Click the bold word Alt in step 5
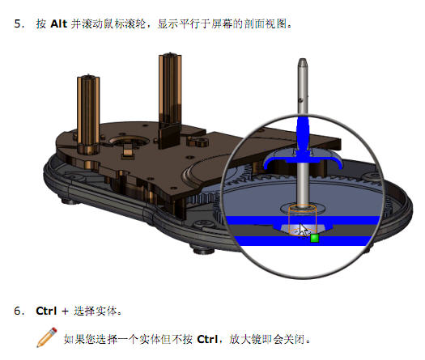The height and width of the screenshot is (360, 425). [58, 23]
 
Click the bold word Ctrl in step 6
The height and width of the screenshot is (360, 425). [46, 311]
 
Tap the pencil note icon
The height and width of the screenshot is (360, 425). [47, 337]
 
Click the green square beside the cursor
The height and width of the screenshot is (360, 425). [314, 238]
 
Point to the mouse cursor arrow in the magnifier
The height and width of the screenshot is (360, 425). [304, 230]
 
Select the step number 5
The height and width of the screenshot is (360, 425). [19, 23]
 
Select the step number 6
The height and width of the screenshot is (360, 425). [19, 311]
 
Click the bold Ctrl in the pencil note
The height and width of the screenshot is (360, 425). [207, 339]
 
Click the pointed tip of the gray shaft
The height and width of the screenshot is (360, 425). [303, 59]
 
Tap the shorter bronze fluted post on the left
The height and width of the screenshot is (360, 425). [88, 114]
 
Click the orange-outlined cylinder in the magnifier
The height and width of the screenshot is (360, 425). [302, 220]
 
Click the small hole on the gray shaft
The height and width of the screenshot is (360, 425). [301, 100]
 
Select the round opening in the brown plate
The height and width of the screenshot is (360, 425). [129, 141]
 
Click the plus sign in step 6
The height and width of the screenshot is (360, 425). [65, 311]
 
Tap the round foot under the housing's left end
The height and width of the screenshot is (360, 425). [68, 201]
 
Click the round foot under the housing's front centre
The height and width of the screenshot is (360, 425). [202, 249]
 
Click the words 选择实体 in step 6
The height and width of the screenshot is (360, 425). [96, 311]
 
